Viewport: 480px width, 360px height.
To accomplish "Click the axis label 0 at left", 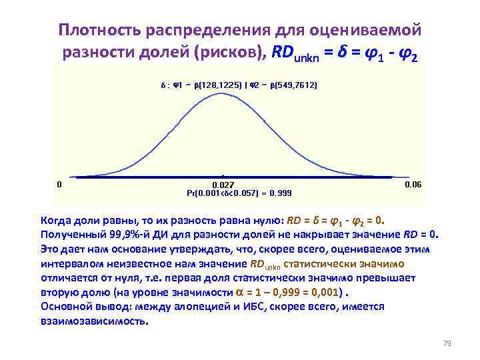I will coord(59,184).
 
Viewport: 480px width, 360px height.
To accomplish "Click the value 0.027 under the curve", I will coord(222,185).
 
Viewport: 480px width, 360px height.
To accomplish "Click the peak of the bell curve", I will coord(222,93).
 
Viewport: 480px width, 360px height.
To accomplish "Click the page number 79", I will coord(447,344).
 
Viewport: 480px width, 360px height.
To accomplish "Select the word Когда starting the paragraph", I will coord(58,220).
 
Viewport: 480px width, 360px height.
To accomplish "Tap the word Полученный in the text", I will coord(73,235).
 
